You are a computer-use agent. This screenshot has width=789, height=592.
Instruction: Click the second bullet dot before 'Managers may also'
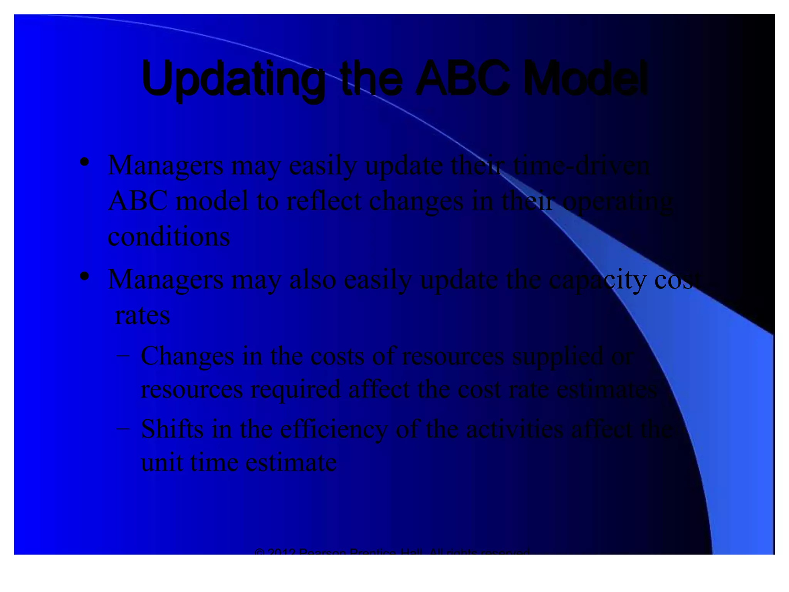[x=85, y=276]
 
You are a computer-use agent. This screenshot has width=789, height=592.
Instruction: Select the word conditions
[x=169, y=236]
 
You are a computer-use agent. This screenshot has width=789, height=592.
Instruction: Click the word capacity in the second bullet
[x=598, y=280]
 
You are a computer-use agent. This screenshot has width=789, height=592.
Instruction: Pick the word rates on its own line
[x=142, y=316]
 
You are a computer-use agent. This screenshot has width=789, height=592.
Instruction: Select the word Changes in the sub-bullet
[x=187, y=356]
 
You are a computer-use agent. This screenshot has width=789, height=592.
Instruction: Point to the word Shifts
[x=172, y=429]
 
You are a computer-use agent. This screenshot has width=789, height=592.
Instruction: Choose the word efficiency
[x=334, y=430]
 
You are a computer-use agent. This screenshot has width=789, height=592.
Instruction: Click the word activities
[x=515, y=429]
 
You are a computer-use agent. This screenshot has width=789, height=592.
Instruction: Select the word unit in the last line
[x=162, y=462]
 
